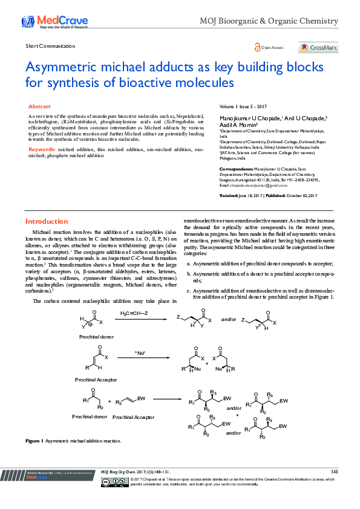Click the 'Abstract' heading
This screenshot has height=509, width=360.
(x=39, y=106)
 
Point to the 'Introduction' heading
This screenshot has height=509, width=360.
(x=46, y=221)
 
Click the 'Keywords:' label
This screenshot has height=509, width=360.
(x=42, y=149)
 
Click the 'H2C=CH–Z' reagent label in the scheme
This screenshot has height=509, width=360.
(x=134, y=314)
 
